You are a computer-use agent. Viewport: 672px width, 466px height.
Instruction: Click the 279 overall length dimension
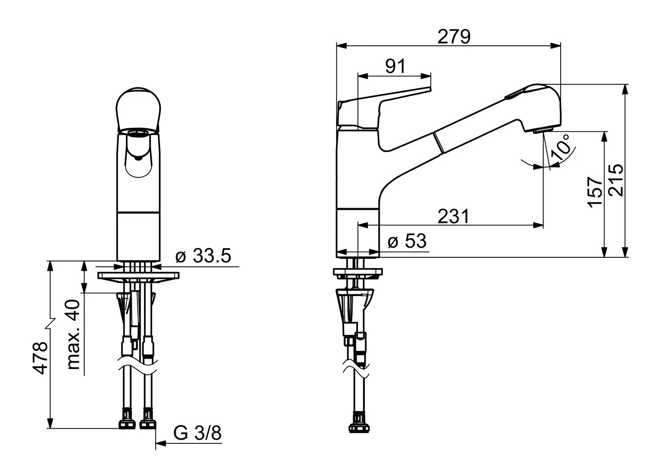tap(454, 37)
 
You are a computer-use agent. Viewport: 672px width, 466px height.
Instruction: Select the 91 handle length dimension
tap(395, 66)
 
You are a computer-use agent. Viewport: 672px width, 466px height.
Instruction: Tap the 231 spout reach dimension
tap(453, 216)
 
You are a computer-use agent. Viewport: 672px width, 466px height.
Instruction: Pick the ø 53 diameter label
tap(407, 241)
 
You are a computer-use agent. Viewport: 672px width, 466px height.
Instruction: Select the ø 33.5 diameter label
tap(204, 256)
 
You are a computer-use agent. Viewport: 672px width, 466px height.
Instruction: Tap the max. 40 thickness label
tap(73, 335)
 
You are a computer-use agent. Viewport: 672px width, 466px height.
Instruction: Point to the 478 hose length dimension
tap(40, 358)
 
